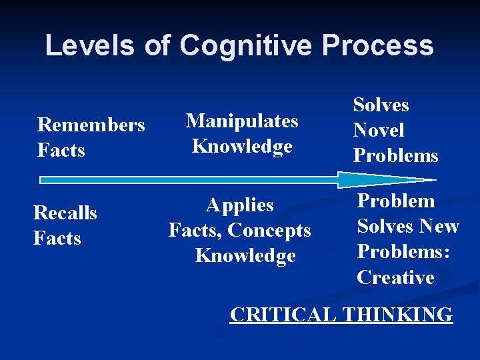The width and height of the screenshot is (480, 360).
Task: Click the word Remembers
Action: pyautogui.click(x=91, y=125)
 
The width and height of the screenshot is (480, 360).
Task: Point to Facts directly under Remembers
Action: pyautogui.click(x=61, y=151)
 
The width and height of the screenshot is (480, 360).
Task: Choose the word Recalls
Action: pyautogui.click(x=65, y=213)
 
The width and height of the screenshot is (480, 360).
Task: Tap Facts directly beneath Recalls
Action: pyautogui.click(x=57, y=238)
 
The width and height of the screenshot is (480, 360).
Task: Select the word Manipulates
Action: pyautogui.click(x=242, y=121)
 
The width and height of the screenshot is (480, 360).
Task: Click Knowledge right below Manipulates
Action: pyautogui.click(x=242, y=146)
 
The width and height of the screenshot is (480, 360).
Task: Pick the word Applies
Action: pyautogui.click(x=240, y=205)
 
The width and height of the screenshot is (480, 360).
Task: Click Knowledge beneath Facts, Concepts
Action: pyautogui.click(x=245, y=256)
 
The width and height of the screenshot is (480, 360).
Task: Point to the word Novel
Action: pyautogui.click(x=379, y=130)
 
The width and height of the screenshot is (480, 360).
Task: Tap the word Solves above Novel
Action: pyautogui.click(x=381, y=105)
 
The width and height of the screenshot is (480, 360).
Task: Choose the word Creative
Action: pyautogui.click(x=396, y=277)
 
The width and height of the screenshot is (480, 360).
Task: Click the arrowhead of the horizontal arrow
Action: pyautogui.click(x=380, y=179)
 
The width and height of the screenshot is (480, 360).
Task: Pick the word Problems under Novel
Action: pyautogui.click(x=396, y=156)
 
